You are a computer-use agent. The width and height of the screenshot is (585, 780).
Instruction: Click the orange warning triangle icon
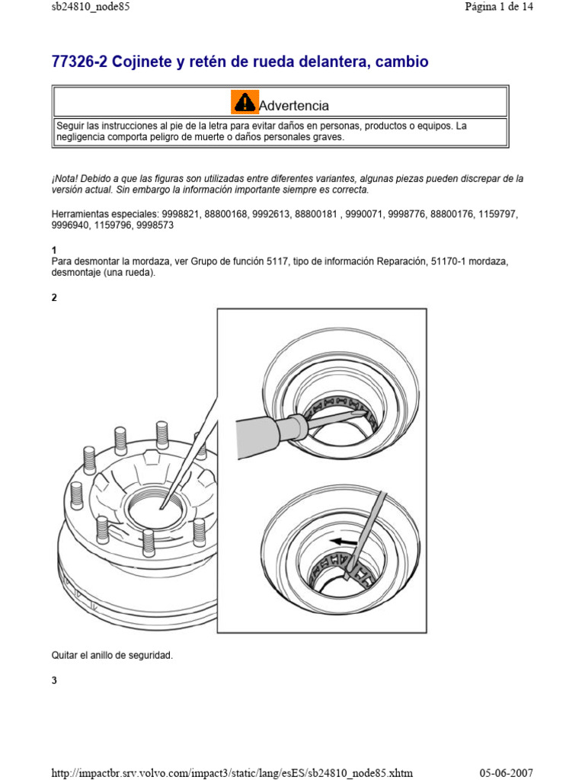click(245, 102)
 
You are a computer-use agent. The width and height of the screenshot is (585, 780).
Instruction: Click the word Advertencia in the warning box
click(294, 105)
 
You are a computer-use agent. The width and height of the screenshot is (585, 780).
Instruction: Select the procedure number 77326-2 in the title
click(78, 62)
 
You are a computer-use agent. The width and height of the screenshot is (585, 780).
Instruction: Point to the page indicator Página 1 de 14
click(498, 7)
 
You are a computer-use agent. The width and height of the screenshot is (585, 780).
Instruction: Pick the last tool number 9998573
click(155, 225)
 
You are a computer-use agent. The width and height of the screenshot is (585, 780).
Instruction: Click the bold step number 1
click(53, 251)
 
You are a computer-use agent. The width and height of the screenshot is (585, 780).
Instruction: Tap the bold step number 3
click(54, 681)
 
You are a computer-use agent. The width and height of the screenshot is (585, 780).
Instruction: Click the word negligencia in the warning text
click(82, 137)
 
